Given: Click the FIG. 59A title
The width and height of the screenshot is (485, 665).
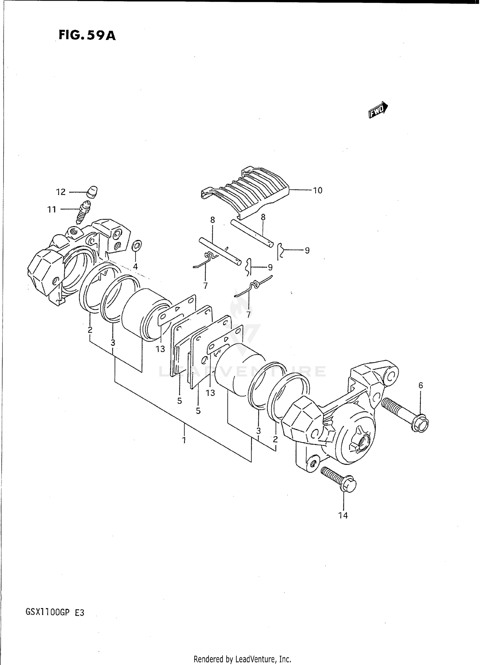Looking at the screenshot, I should point(87,35).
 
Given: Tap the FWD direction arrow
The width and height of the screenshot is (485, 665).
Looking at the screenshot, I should point(378,110).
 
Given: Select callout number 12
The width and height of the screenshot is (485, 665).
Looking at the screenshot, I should point(61,192).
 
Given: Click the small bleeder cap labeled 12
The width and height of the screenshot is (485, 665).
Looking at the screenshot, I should point(92,191).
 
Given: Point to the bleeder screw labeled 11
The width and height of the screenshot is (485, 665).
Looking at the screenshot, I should point(83,212).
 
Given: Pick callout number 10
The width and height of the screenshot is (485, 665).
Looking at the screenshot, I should point(318,191).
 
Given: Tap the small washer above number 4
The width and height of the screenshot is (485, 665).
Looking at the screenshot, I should point(136,246).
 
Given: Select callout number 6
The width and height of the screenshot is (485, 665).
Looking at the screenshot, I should point(421,385).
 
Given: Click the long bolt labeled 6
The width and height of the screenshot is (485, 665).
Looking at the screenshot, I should point(404,414).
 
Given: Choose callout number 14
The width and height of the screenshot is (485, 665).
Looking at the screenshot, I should point(343,515).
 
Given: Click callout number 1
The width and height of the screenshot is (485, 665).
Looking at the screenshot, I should point(184,440).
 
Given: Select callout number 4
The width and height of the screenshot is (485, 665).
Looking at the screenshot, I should point(135,266).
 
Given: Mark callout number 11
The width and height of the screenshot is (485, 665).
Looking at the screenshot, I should point(52,210).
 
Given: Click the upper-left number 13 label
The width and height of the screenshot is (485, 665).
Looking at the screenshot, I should point(160,349).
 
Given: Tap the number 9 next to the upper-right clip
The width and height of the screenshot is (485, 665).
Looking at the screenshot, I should point(307,250).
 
